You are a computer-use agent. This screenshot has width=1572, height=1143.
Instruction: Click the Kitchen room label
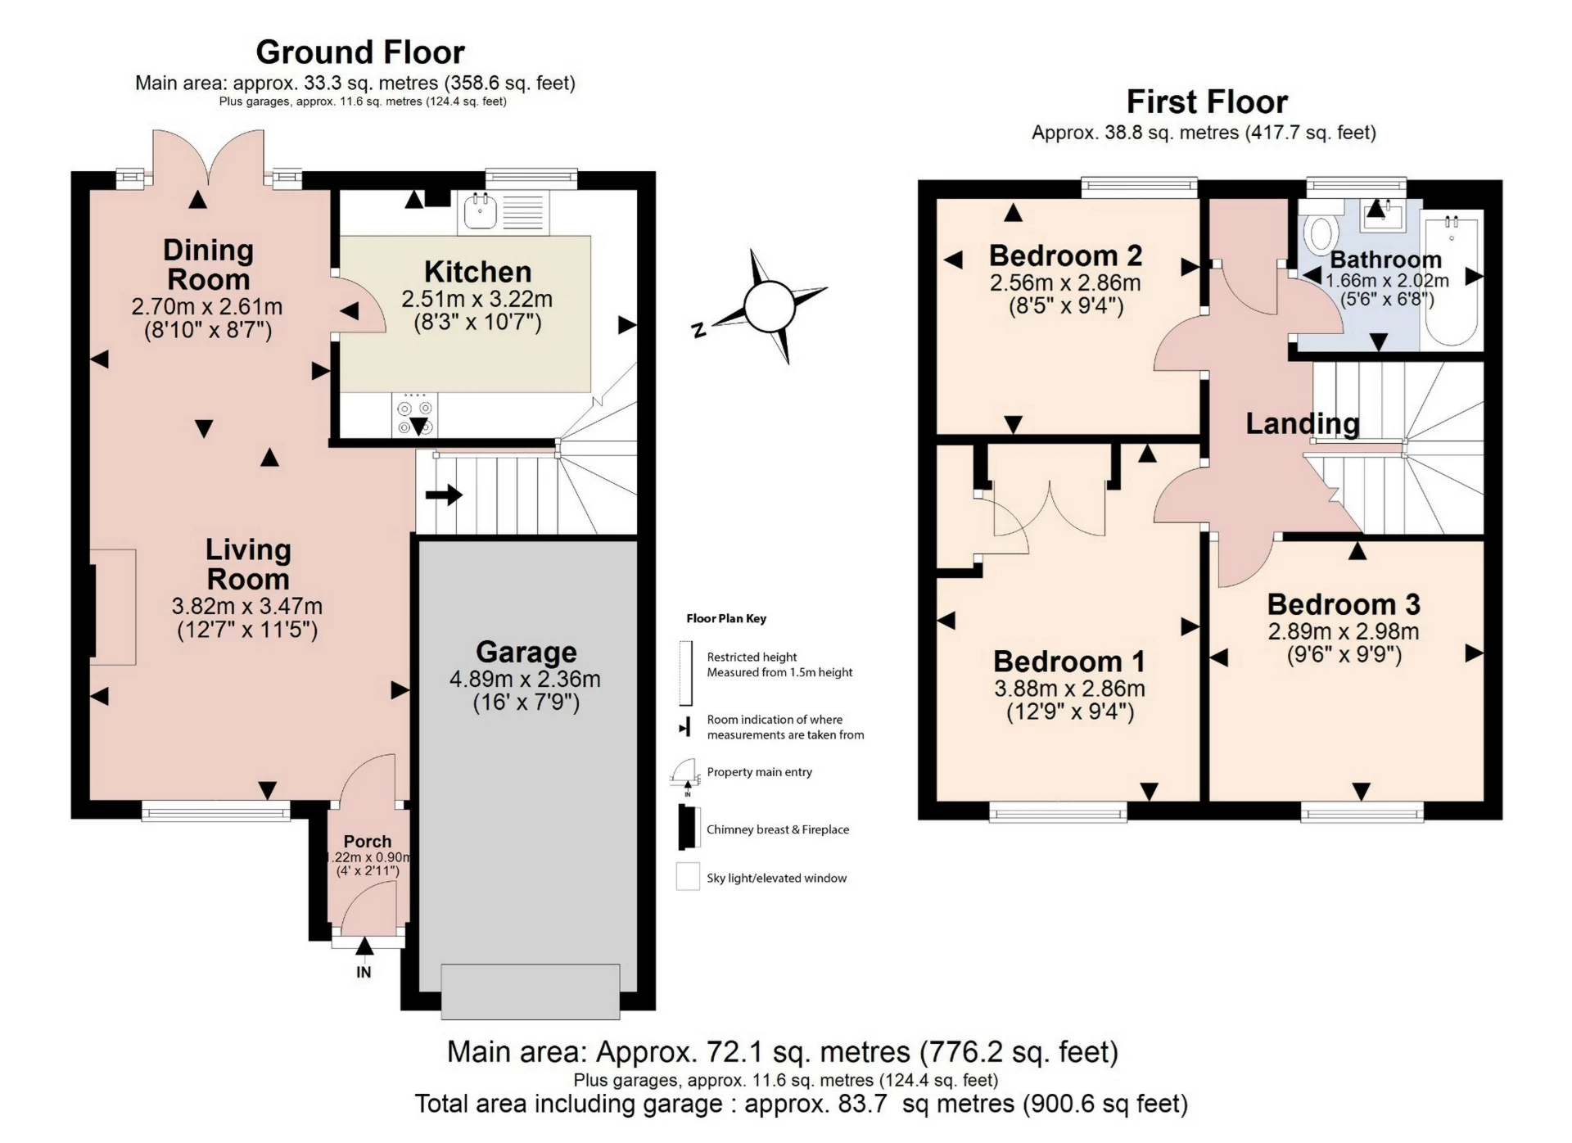[477, 272]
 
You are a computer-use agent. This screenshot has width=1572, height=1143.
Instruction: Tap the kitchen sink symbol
[481, 211]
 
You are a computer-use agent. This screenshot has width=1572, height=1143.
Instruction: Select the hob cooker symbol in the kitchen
[414, 415]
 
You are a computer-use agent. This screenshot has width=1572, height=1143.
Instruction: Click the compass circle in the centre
[770, 307]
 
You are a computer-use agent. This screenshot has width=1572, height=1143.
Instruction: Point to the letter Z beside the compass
[698, 330]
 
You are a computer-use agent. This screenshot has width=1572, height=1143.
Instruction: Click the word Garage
[526, 652]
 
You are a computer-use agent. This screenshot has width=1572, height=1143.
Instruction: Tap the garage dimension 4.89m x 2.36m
[525, 679]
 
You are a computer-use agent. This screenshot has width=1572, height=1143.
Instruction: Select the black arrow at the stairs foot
[444, 495]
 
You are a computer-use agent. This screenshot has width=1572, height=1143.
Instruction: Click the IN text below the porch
[364, 972]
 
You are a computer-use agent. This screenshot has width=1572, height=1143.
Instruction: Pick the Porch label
[367, 841]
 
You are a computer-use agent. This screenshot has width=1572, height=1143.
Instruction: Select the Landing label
[1302, 423]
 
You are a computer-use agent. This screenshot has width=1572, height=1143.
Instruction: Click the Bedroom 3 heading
[1344, 604]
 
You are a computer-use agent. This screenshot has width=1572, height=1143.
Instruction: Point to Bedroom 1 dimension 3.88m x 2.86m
[1069, 689]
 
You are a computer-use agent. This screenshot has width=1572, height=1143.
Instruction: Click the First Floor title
[1207, 102]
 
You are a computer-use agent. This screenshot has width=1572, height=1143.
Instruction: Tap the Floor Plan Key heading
[726, 618]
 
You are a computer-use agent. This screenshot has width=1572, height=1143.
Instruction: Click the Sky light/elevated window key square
[688, 877]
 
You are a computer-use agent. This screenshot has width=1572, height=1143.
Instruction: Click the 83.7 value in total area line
[862, 1104]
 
